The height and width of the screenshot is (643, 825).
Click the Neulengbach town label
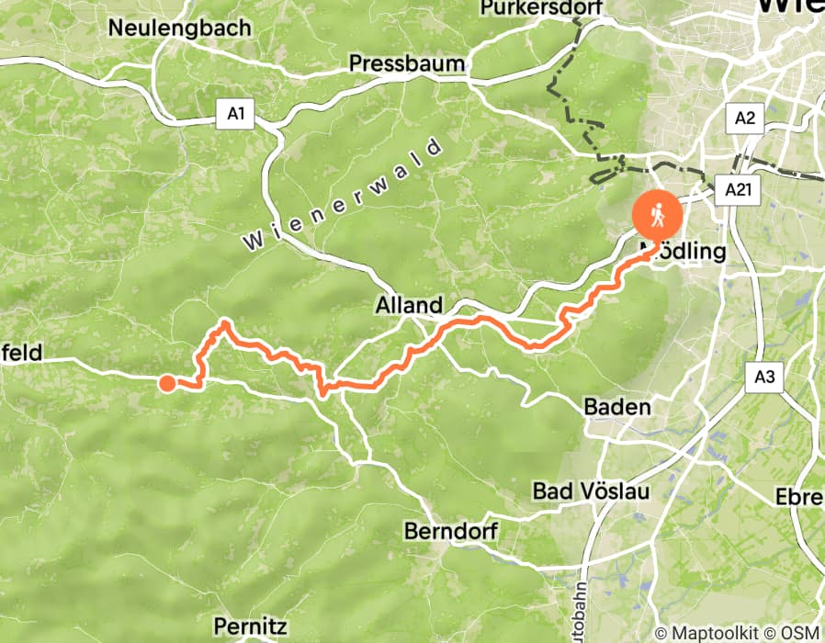179,28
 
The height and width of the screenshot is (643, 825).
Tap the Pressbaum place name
408,64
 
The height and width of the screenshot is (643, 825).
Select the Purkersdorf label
539,8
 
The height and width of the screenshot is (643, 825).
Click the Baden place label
618,407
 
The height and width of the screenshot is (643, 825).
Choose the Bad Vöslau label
591,491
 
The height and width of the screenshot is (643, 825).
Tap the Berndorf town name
450,532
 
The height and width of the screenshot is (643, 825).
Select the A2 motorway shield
744,117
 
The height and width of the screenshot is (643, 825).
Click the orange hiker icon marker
657,217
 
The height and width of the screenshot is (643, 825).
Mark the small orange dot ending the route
166,383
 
